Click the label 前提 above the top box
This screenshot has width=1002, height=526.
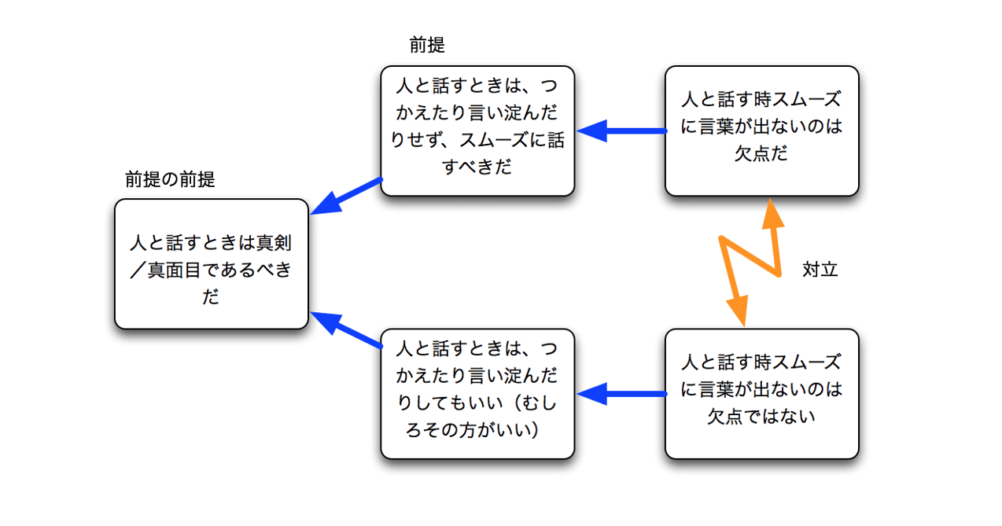pos(427,46)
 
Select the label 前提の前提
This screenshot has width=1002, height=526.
pos(170,180)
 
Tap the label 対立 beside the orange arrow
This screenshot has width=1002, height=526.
pos(820,270)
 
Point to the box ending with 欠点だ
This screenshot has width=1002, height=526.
pos(761,131)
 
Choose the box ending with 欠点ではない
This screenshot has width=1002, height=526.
pos(761,393)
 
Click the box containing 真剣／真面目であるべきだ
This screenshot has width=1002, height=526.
pos(211,263)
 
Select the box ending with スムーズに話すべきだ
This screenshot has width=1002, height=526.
pos(477,131)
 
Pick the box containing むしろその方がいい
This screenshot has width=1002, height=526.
pos(477,393)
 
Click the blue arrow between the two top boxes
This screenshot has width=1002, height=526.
pos(621,131)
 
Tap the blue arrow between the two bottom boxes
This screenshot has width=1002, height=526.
pos(621,393)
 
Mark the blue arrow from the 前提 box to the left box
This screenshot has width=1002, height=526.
pos(346,197)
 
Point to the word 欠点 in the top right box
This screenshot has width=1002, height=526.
pos(751,153)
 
